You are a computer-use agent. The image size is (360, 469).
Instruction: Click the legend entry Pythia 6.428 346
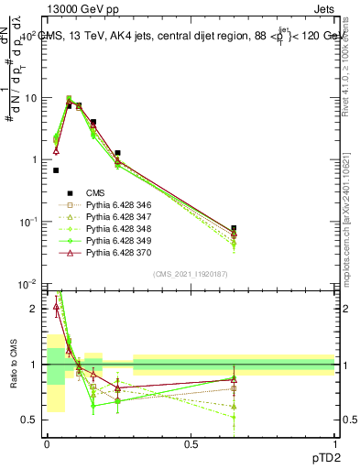coord(115,206)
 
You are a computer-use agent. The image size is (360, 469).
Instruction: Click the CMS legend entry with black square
coord(95,192)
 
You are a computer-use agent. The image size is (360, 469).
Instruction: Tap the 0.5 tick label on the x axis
coord(191,442)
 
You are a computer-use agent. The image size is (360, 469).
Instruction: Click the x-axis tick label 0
coord(47,442)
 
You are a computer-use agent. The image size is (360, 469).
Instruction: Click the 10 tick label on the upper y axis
coord(30,98)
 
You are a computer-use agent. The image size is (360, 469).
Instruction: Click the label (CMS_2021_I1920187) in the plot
coord(191,274)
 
